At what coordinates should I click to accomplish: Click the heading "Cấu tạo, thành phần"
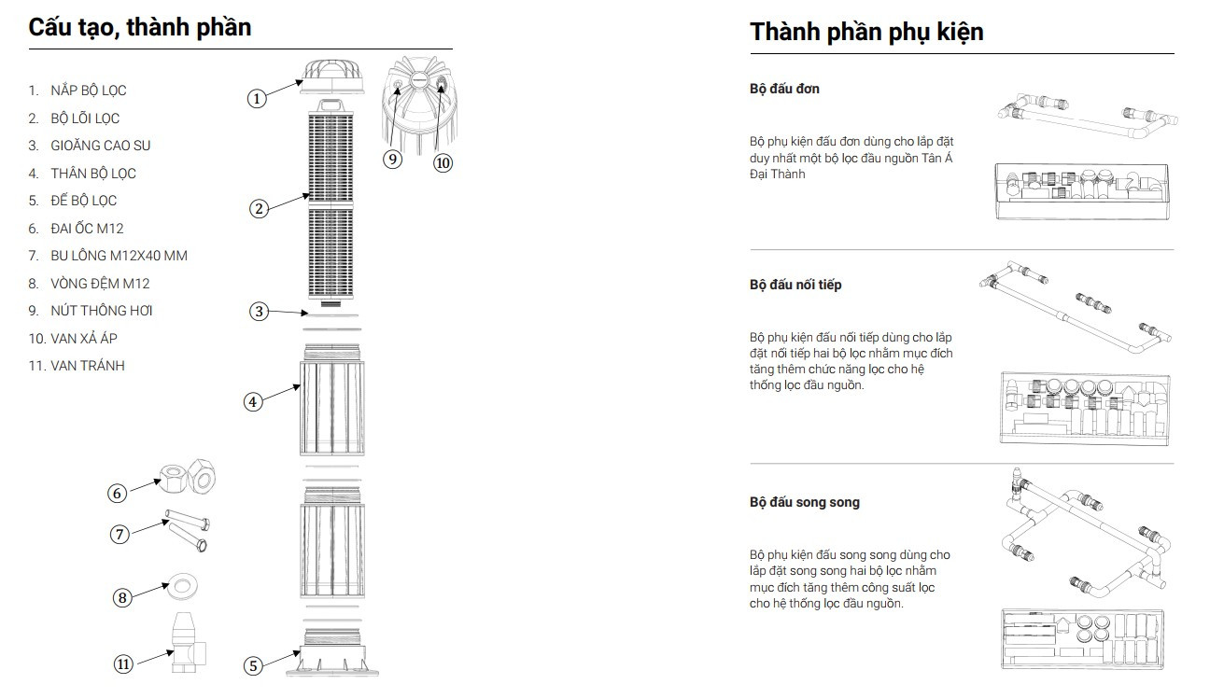pyautogui.click(x=140, y=27)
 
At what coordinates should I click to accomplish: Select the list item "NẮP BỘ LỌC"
pyautogui.click(x=88, y=91)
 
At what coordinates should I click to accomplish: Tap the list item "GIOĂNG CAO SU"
pyautogui.click(x=100, y=146)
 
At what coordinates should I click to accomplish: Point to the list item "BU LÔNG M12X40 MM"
pyautogui.click(x=119, y=256)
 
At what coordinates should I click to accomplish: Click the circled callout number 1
pyautogui.click(x=258, y=97)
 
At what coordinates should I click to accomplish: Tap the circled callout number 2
pyautogui.click(x=259, y=208)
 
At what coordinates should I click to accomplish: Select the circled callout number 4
pyautogui.click(x=253, y=402)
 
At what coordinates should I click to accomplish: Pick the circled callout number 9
pyautogui.click(x=393, y=159)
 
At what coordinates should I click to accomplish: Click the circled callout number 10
pyautogui.click(x=443, y=162)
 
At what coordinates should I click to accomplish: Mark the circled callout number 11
pyautogui.click(x=123, y=663)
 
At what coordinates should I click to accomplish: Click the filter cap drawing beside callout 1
pyautogui.click(x=333, y=75)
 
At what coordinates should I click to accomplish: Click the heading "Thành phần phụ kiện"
pyautogui.click(x=865, y=32)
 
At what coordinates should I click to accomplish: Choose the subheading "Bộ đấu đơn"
pyautogui.click(x=784, y=89)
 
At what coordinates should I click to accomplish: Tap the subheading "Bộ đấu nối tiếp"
pyautogui.click(x=795, y=285)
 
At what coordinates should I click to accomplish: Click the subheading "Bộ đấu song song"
pyautogui.click(x=804, y=502)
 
